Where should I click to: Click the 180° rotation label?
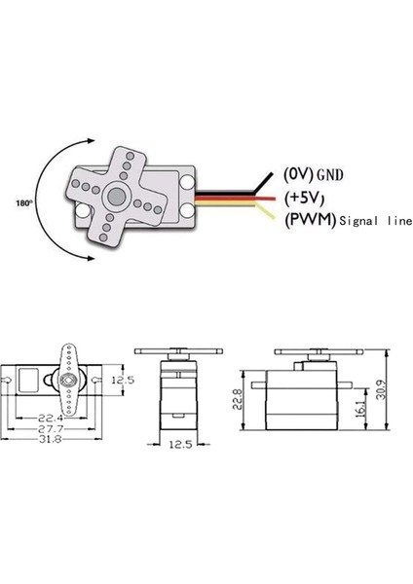coord(25,204)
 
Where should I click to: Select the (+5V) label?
coord(304,199)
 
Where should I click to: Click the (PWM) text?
coord(308,221)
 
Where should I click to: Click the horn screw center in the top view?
coord(68,379)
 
